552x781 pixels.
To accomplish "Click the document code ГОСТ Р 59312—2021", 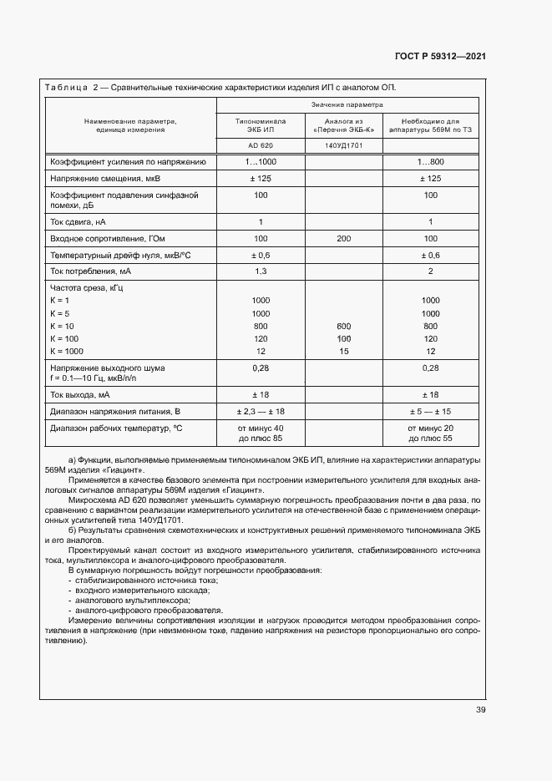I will coord(440,56).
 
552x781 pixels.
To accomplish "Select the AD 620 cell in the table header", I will coord(261,145).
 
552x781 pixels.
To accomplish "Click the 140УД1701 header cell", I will coord(343,145).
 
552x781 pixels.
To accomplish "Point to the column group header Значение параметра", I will coord(347,105).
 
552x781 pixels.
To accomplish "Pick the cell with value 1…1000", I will coord(261,162).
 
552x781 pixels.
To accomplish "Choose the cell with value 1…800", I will coord(430,162).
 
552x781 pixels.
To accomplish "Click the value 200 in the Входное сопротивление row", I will coord(343,238).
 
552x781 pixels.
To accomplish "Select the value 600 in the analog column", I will coord(343,326).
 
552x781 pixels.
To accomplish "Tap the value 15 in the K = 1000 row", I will coord(343,352).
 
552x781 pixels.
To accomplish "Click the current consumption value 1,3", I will coord(261,271).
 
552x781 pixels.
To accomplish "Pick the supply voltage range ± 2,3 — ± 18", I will coord(261,411).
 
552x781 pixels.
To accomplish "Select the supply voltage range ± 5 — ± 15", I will coord(430,411).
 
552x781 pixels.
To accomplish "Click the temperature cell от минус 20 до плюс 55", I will coord(430,433).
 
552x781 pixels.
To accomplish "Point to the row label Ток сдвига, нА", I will coord(78,221).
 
